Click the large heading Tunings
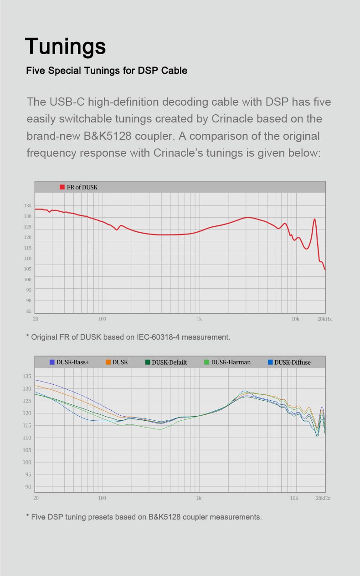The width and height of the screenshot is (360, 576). tap(66, 46)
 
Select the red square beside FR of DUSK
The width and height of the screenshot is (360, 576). tap(62, 187)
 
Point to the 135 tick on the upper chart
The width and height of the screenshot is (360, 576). tap(27, 206)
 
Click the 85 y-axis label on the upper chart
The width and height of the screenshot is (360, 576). tap(29, 311)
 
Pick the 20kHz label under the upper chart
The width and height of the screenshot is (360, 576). tap(324, 319)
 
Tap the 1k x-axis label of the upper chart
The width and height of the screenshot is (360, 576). tap(199, 319)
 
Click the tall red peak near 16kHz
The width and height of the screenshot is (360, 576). tap(314, 219)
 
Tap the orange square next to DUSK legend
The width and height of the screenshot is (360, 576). tap(108, 362)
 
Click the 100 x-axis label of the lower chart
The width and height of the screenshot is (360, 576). tap(102, 498)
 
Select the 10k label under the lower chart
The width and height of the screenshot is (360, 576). tap(294, 498)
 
